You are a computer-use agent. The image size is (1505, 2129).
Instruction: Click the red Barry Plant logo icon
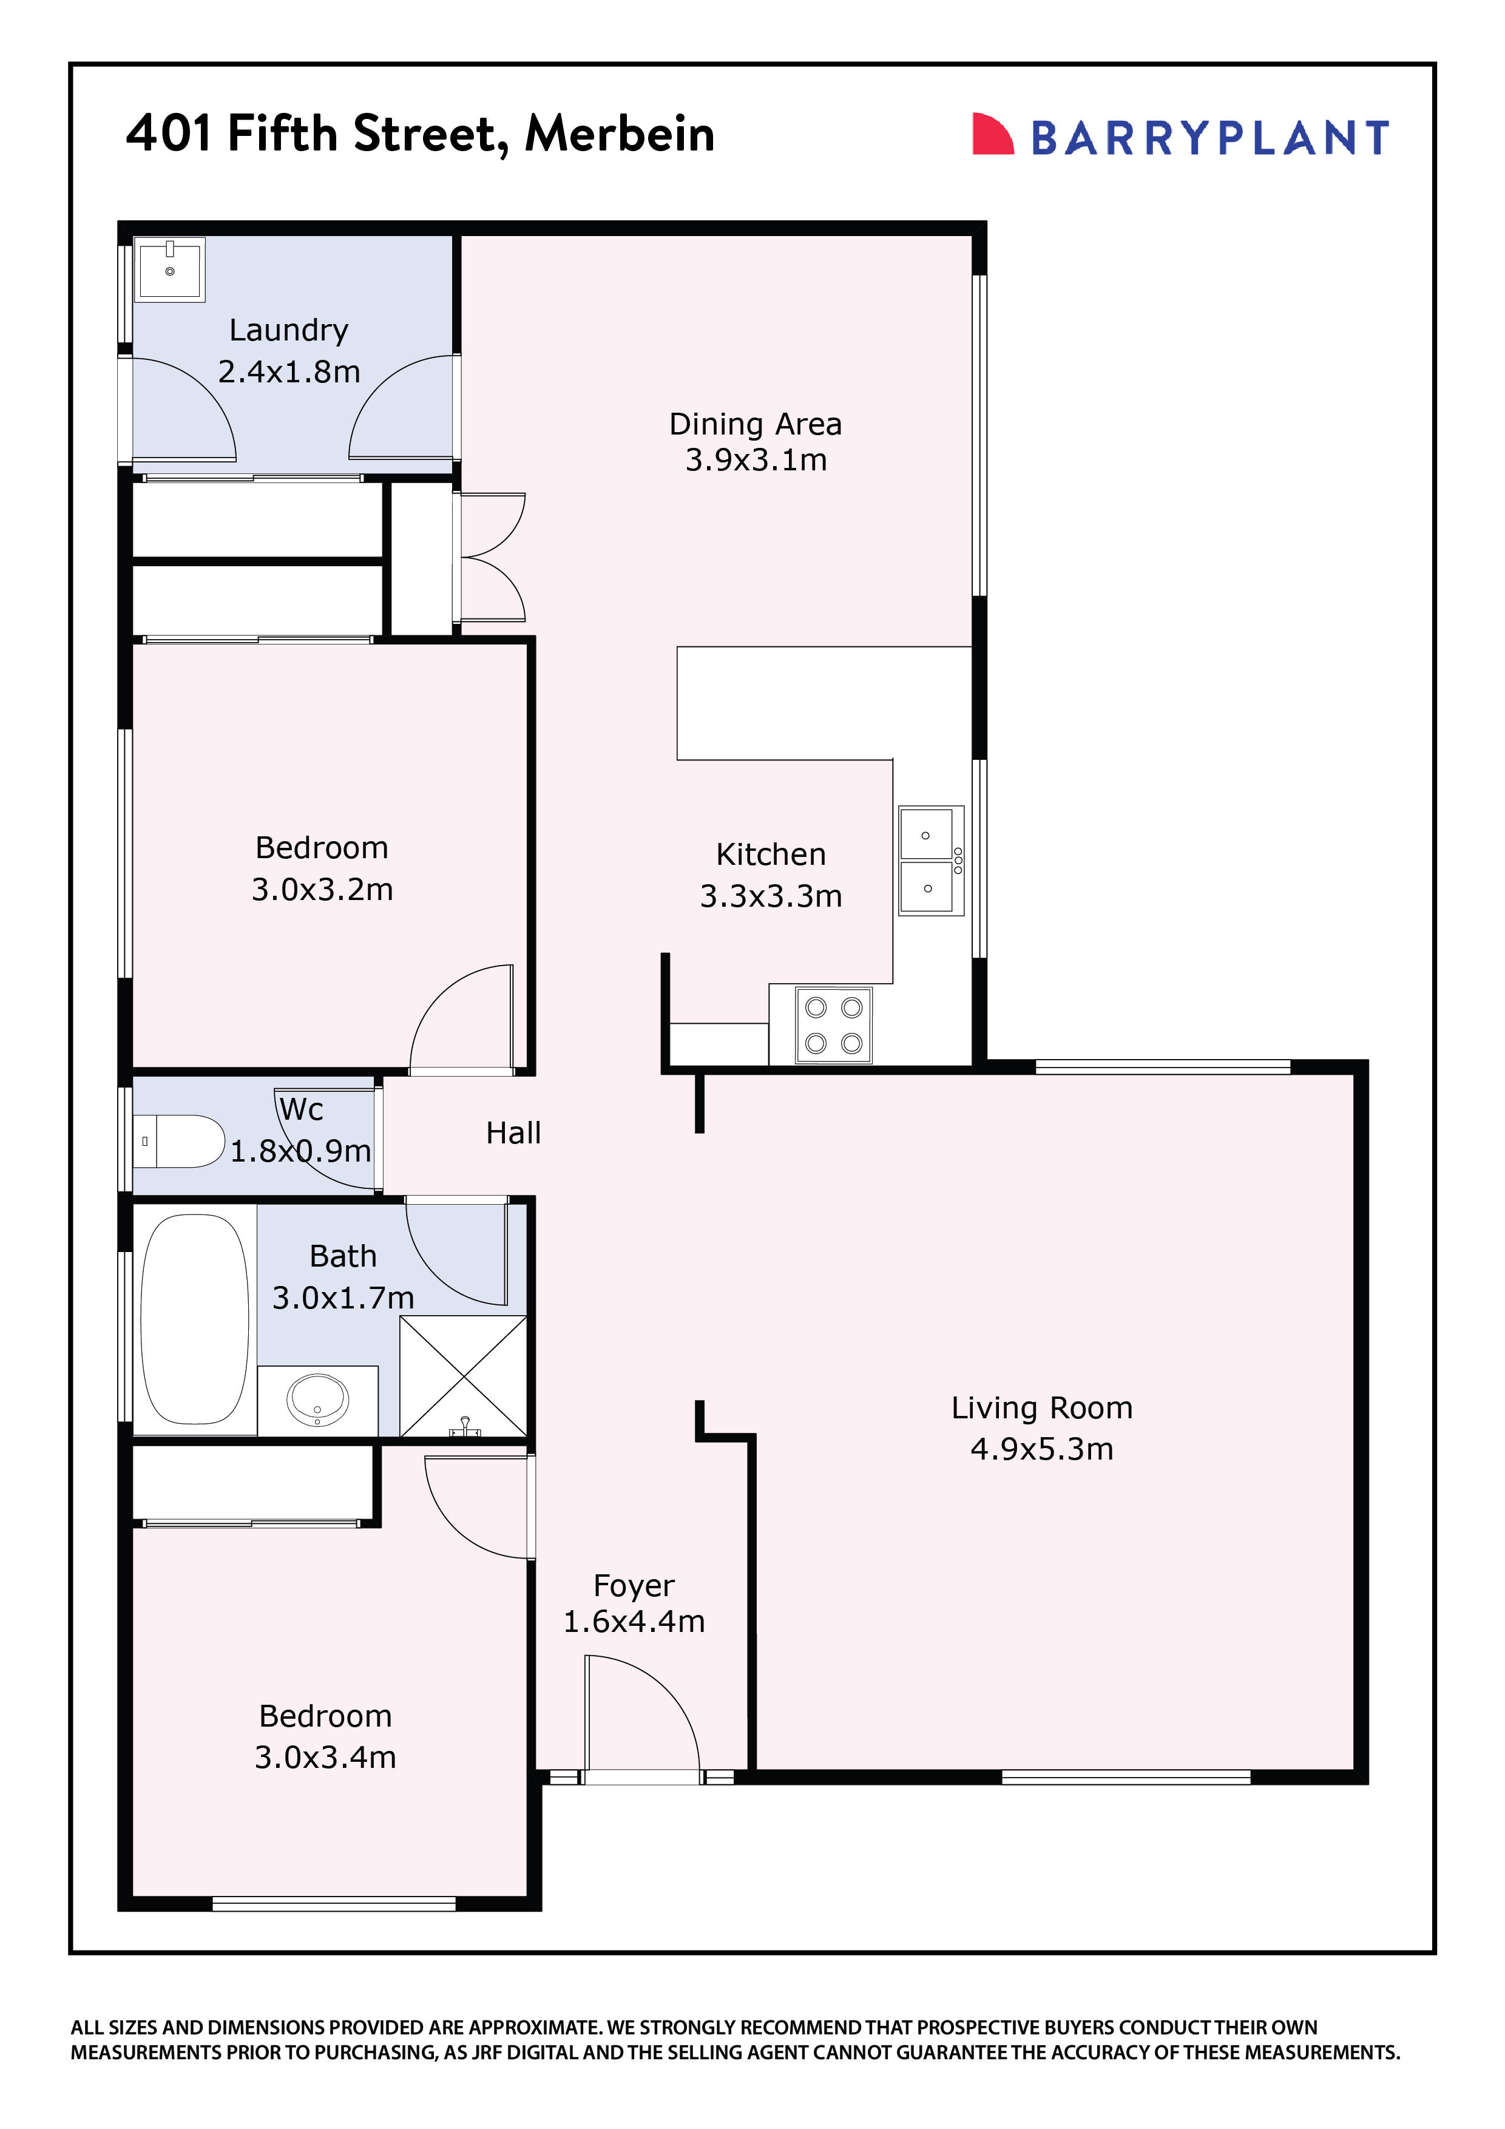[991, 135]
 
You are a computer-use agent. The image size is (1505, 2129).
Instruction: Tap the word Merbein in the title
[620, 135]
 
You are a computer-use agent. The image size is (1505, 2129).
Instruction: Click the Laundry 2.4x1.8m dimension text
[288, 372]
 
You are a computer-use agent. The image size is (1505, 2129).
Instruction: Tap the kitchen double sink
[929, 861]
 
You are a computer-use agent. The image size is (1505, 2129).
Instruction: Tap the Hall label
[513, 1133]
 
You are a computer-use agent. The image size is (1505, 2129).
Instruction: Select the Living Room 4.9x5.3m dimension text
[1041, 1449]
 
